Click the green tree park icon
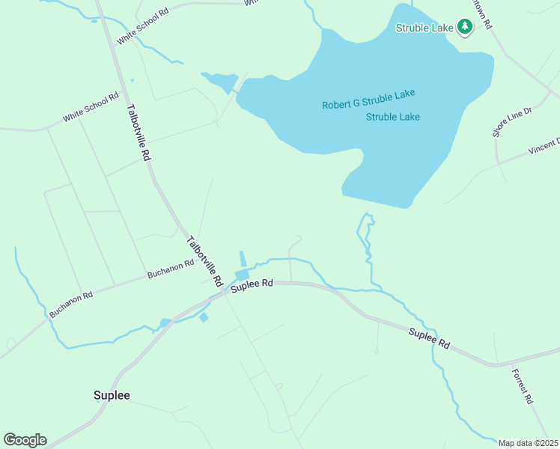pyautogui.click(x=465, y=28)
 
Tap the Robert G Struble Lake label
pyautogui.click(x=368, y=100)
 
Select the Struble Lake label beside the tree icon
pyautogui.click(x=424, y=28)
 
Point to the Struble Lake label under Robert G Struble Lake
pyautogui.click(x=392, y=117)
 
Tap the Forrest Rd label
pyautogui.click(x=523, y=386)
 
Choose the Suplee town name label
pyautogui.click(x=112, y=395)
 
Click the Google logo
pyautogui.click(x=25, y=440)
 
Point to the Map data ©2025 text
pyautogui.click(x=529, y=443)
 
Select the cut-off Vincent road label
pyautogui.click(x=544, y=146)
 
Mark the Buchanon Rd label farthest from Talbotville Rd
pyautogui.click(x=71, y=305)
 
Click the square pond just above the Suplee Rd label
pyautogui.click(x=242, y=275)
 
